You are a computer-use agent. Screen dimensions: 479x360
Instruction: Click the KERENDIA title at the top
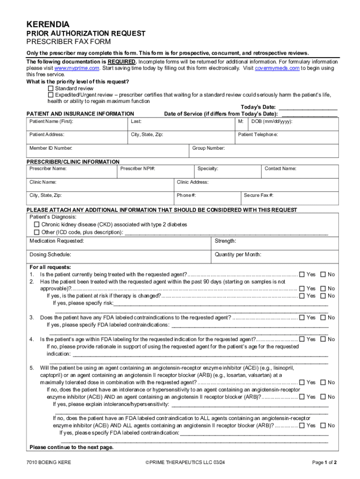click(x=48, y=24)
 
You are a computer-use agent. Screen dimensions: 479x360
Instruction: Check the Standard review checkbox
click(x=51, y=88)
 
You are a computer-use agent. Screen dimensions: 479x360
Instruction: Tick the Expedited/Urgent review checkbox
click(x=51, y=95)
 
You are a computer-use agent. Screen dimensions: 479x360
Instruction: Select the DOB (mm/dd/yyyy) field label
click(x=272, y=122)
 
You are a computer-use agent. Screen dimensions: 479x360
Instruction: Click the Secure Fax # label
click(x=259, y=195)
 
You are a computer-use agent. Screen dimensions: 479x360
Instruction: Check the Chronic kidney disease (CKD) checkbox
click(x=37, y=225)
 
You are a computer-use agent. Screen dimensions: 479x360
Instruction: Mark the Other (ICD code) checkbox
click(x=37, y=232)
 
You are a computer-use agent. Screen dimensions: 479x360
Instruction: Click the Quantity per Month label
click(x=238, y=255)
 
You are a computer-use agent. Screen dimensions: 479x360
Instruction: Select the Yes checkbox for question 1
click(x=302, y=275)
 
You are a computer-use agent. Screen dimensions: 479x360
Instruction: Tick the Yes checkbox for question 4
click(x=302, y=339)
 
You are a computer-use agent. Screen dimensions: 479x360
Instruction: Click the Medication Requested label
click(x=57, y=241)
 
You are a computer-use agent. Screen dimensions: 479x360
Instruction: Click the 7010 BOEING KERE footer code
click(x=49, y=463)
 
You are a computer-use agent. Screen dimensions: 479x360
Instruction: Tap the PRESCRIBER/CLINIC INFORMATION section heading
click(x=73, y=162)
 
